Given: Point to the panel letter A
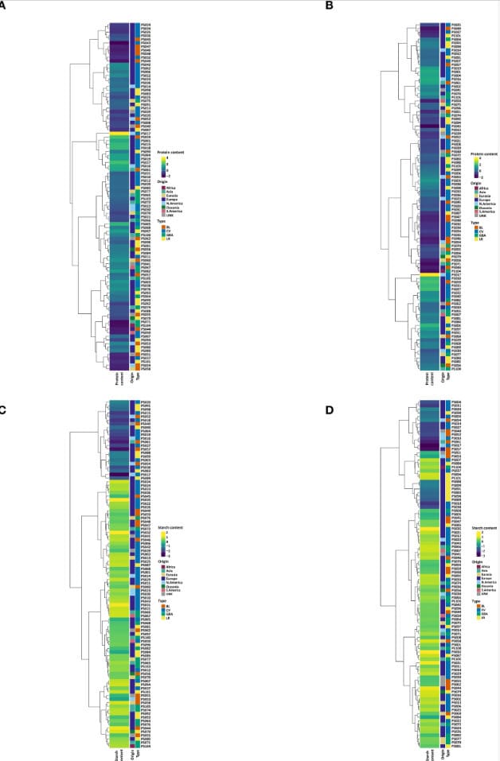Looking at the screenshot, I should coord(3,4).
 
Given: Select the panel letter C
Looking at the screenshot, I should coord(3,410).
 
